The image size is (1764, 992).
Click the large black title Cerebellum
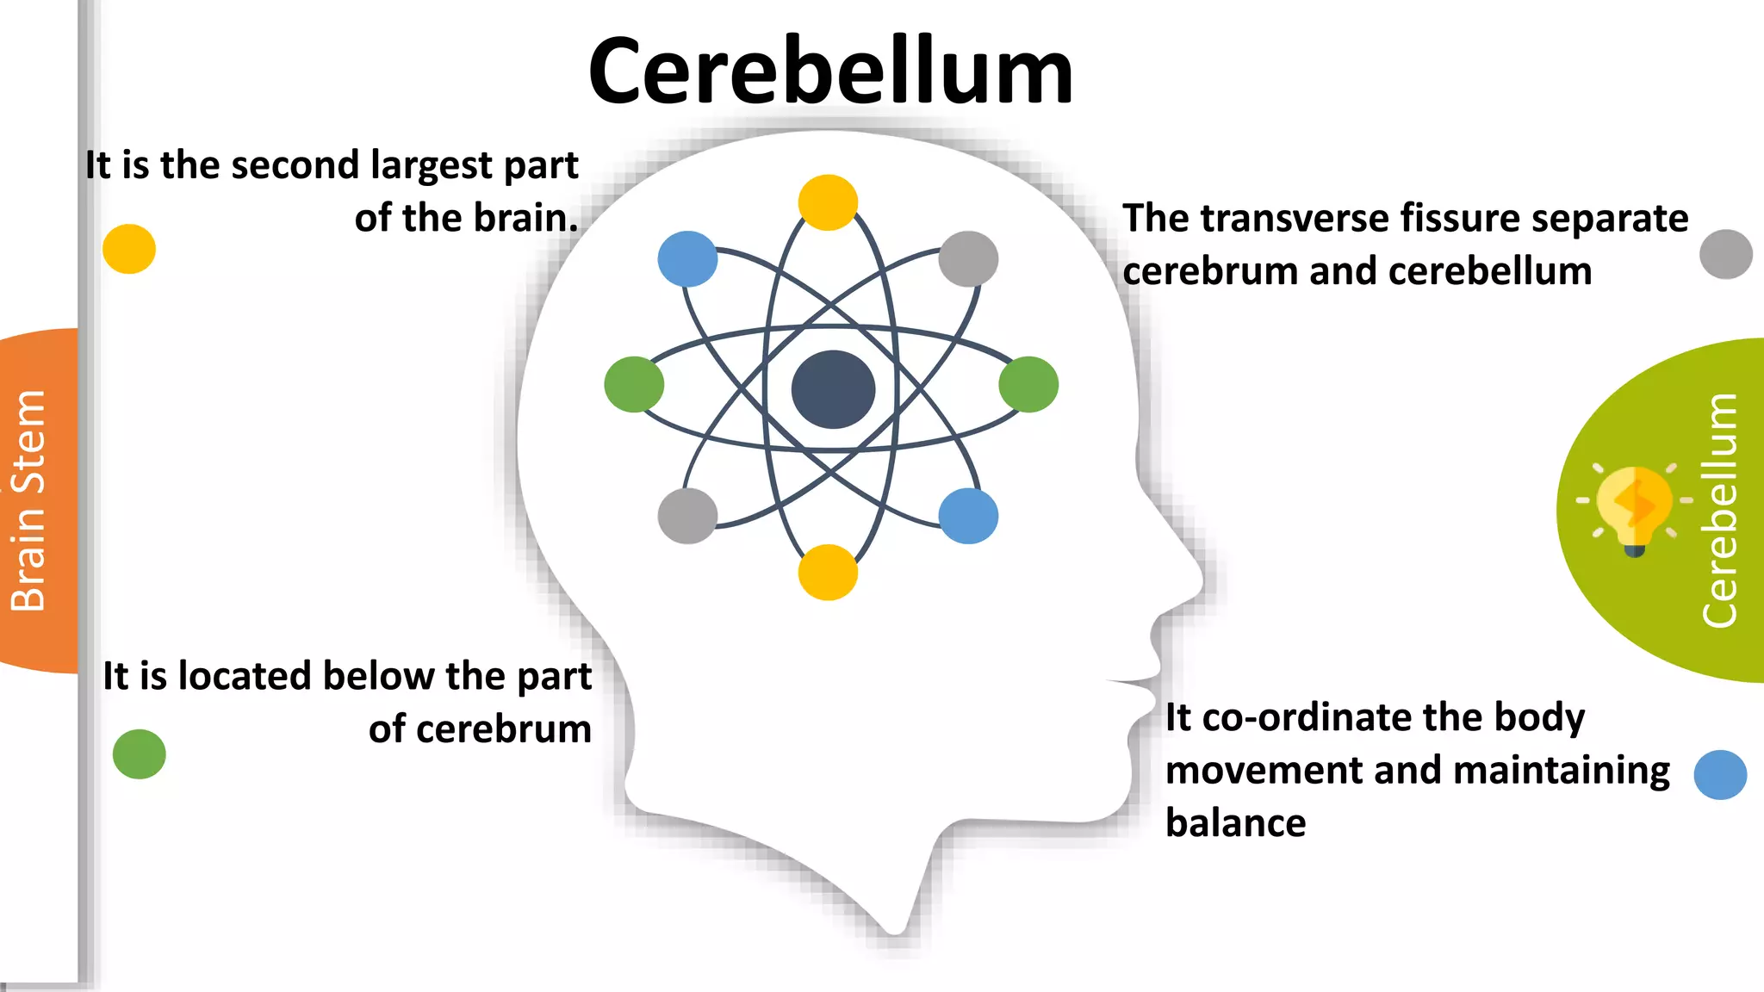pyautogui.click(x=830, y=71)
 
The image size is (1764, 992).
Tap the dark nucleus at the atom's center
pyautogui.click(x=833, y=389)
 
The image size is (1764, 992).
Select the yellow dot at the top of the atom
pyautogui.click(x=828, y=202)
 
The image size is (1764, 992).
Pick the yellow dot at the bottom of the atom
pyautogui.click(x=828, y=572)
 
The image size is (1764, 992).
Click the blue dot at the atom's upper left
pyautogui.click(x=687, y=258)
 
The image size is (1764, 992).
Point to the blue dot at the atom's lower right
pyautogui.click(x=968, y=516)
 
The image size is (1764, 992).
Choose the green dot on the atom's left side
pyautogui.click(x=634, y=384)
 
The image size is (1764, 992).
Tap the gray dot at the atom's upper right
pyautogui.click(x=968, y=258)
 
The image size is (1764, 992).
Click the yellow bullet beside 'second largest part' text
pyautogui.click(x=129, y=249)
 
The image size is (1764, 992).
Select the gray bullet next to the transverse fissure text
pyautogui.click(x=1726, y=254)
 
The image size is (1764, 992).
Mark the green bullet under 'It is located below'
pyautogui.click(x=139, y=754)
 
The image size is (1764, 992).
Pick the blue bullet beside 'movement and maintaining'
pyautogui.click(x=1720, y=775)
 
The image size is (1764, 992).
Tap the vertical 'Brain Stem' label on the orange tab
pyautogui.click(x=28, y=500)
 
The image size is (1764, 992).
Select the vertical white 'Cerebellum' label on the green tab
pyautogui.click(x=1719, y=510)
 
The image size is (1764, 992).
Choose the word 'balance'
pyautogui.click(x=1236, y=822)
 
